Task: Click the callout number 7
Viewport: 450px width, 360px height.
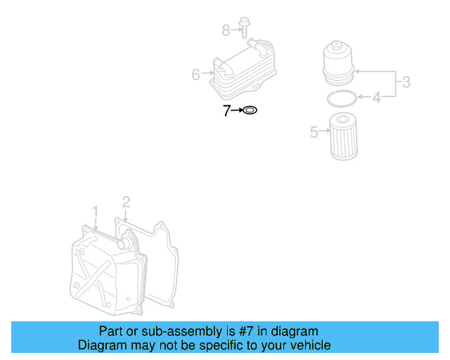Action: pos(226,110)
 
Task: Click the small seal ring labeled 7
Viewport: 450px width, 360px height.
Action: pos(250,110)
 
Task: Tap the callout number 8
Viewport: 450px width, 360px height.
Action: pos(226,30)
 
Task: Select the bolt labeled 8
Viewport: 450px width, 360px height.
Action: pos(244,29)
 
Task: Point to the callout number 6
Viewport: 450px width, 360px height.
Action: pos(196,74)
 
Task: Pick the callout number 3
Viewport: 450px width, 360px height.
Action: pos(406,83)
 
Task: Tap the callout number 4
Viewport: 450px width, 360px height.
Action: pos(376,98)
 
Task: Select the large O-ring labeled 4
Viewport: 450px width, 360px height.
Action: pos(341,98)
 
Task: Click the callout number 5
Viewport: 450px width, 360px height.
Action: pos(314,130)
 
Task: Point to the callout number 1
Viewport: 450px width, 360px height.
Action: pos(96,210)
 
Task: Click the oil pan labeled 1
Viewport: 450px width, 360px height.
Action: pos(105,271)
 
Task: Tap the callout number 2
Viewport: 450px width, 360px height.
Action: pos(126,202)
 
